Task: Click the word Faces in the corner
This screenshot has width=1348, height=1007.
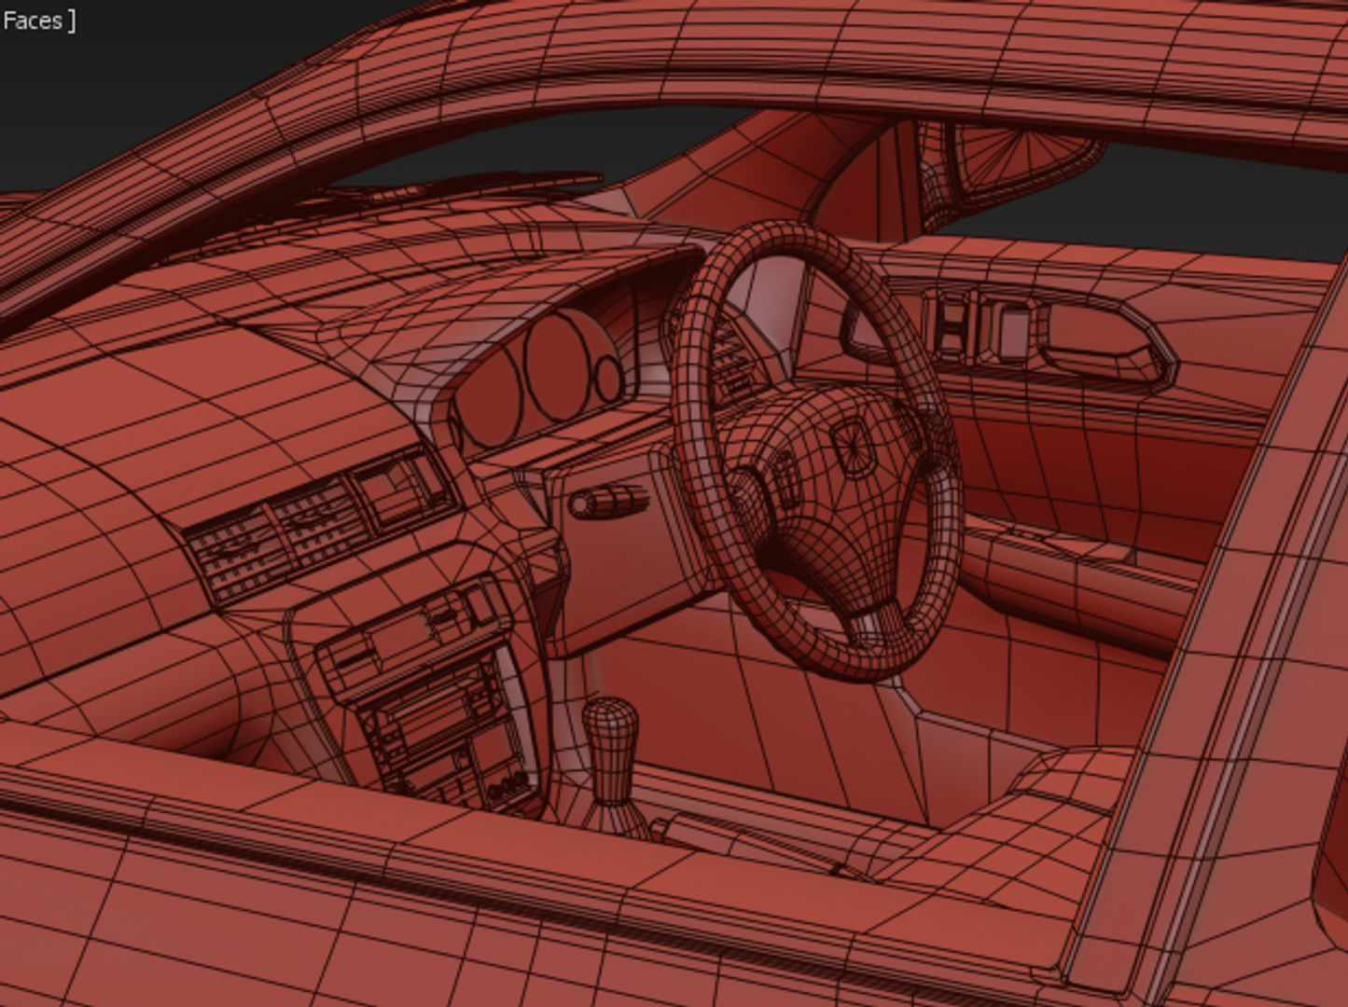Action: point(32,21)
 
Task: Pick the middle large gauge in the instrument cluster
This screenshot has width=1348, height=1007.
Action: point(557,366)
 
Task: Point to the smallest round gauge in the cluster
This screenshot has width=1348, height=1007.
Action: point(609,377)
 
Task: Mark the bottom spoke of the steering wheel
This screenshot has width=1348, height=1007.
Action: point(872,615)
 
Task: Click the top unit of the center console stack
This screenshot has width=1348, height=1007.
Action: point(410,634)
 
